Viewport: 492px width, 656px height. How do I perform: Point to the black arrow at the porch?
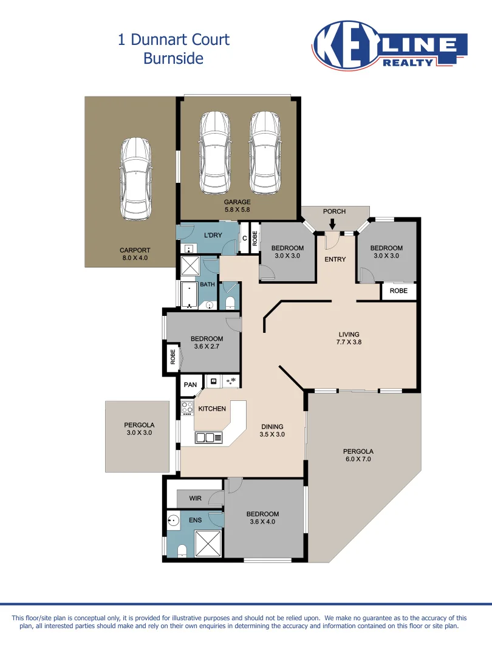point(332,225)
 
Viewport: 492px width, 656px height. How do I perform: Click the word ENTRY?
point(335,259)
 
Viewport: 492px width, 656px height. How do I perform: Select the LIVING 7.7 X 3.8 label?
point(349,338)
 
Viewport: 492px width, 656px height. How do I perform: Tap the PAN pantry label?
point(190,384)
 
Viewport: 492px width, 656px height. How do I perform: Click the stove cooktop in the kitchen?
point(186,408)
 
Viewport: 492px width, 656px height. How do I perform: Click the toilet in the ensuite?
point(182,550)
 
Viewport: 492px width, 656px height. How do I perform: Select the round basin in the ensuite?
point(174,520)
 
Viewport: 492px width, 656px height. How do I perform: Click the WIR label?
point(195,498)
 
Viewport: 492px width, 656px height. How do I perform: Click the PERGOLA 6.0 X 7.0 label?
point(358,456)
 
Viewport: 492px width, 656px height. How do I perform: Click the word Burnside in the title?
point(173,58)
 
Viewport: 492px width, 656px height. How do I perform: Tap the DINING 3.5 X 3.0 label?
point(272,431)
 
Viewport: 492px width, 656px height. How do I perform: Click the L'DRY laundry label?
point(211,235)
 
